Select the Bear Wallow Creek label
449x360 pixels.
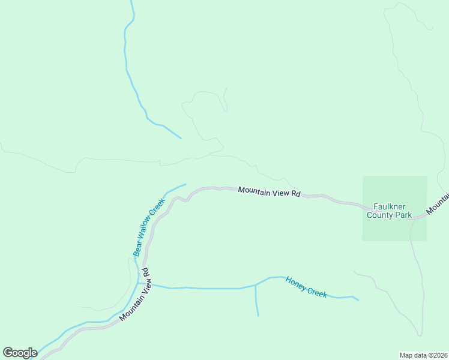click(149, 228)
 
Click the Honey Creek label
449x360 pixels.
click(306, 287)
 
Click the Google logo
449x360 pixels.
click(20, 352)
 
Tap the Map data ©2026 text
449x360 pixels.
click(423, 355)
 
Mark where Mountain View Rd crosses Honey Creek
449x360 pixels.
click(146, 284)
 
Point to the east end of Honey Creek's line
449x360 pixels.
click(358, 300)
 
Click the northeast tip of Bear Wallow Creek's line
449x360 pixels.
click(185, 184)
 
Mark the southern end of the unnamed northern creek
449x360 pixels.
click(181, 139)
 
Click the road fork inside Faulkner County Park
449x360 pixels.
click(412, 219)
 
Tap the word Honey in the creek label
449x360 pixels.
click(296, 282)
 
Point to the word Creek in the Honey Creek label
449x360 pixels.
click(317, 292)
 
